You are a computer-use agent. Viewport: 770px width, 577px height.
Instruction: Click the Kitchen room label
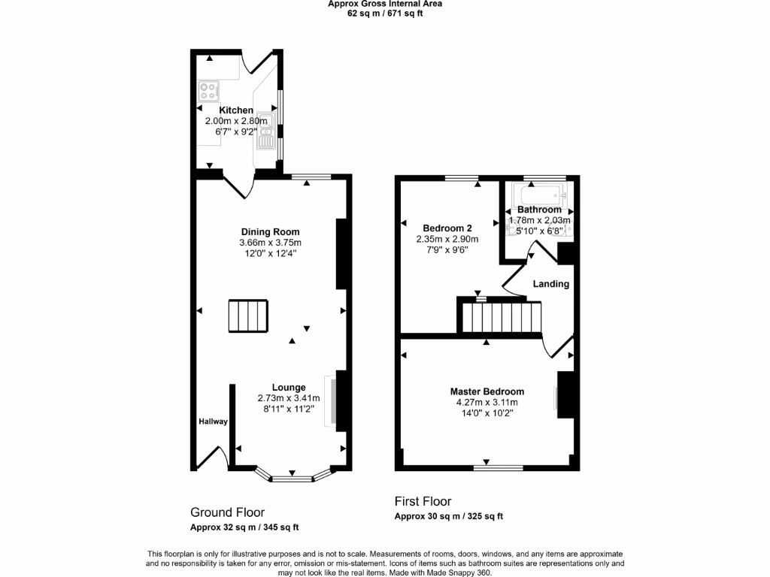(236, 110)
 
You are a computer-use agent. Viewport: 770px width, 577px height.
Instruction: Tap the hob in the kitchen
(208, 91)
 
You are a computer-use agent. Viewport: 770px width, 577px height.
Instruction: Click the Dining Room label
(270, 231)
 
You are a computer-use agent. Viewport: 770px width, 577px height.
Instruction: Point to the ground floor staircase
(248, 316)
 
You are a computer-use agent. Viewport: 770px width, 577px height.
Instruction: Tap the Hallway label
(213, 421)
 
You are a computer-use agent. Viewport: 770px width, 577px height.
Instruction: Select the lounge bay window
(293, 476)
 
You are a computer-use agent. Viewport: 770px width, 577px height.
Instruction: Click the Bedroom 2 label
(447, 228)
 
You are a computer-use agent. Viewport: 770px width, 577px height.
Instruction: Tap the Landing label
(551, 284)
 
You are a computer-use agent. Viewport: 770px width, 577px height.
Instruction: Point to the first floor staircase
(501, 316)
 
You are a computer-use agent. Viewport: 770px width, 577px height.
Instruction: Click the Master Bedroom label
(487, 391)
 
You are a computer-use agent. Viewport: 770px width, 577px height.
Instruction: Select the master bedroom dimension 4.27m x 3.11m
(487, 402)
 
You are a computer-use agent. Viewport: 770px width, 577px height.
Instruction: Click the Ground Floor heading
(227, 512)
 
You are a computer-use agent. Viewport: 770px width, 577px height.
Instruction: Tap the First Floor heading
(423, 501)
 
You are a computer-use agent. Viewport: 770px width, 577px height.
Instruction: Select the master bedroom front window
(498, 467)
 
